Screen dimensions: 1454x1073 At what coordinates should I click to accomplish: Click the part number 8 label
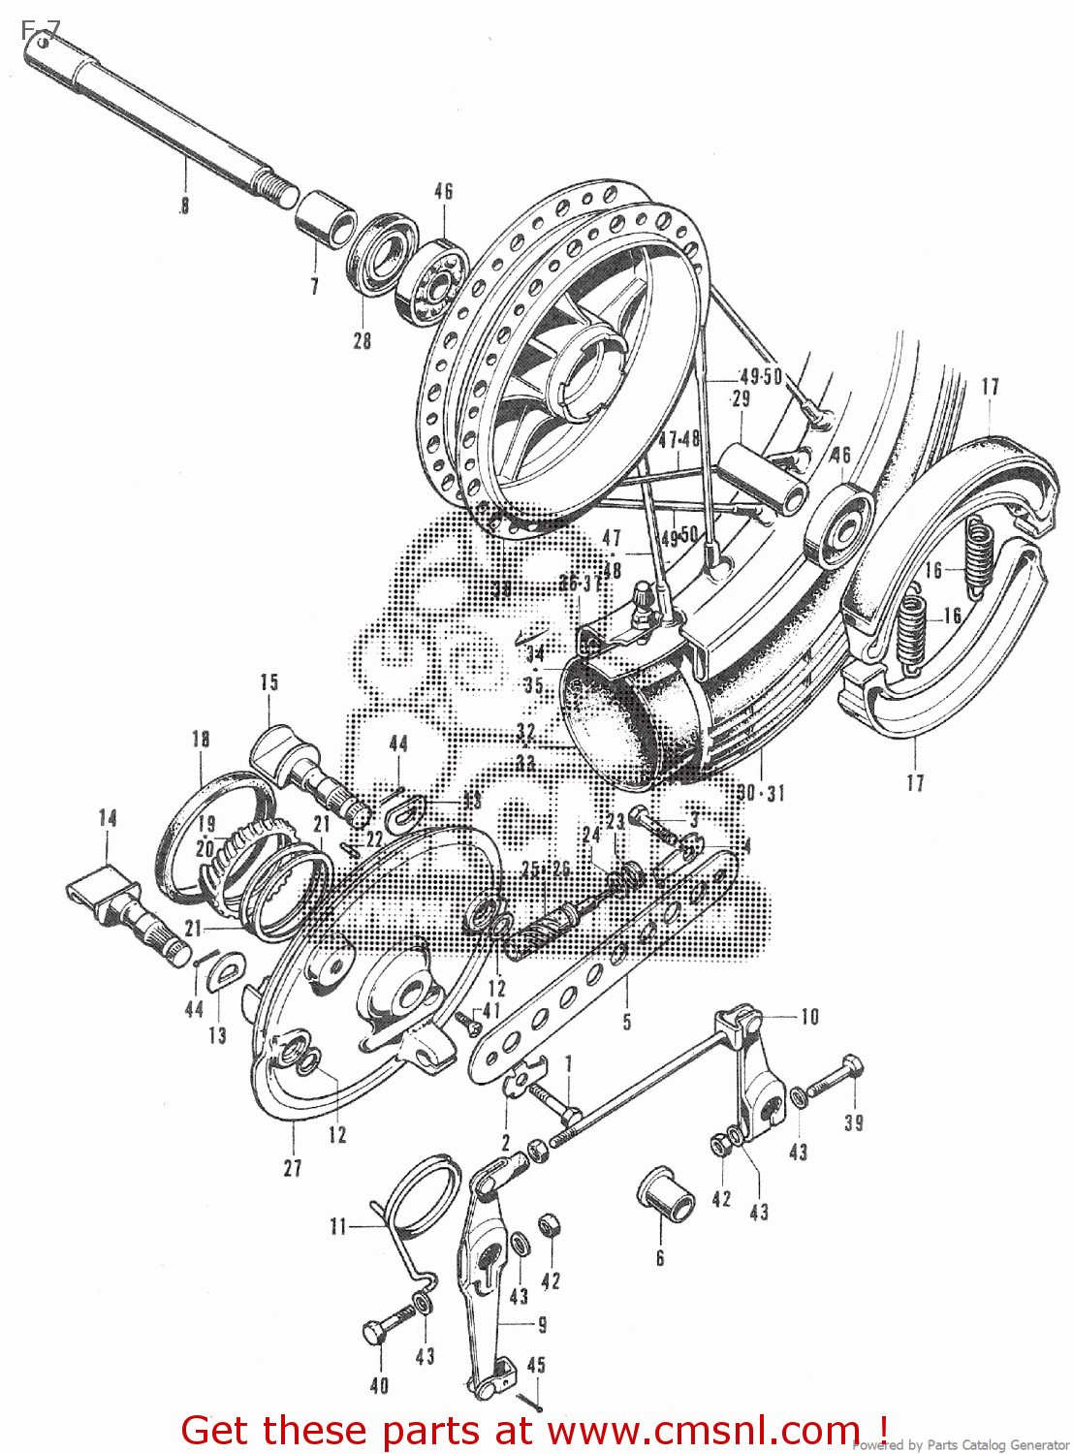pyautogui.click(x=184, y=205)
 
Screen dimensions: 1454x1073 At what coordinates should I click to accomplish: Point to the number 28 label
pyautogui.click(x=362, y=341)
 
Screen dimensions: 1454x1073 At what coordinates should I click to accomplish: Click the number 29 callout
pyautogui.click(x=741, y=398)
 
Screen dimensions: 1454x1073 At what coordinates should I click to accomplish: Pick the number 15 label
pyautogui.click(x=268, y=682)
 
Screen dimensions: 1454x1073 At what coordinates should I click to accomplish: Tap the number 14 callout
pyautogui.click(x=108, y=818)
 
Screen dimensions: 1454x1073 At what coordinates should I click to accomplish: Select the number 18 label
pyautogui.click(x=201, y=740)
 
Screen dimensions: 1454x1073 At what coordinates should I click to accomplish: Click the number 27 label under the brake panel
pyautogui.click(x=293, y=1169)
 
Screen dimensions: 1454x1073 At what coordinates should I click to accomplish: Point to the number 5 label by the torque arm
pyautogui.click(x=627, y=1022)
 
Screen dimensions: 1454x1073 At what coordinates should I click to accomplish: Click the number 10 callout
pyautogui.click(x=809, y=1017)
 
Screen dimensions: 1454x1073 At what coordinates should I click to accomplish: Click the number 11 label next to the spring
pyautogui.click(x=338, y=1227)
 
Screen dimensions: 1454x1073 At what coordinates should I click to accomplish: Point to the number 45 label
pyautogui.click(x=536, y=1365)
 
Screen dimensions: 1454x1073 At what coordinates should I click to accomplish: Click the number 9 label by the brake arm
pyautogui.click(x=542, y=1324)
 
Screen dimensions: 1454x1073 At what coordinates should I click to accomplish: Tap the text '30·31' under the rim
pyautogui.click(x=761, y=794)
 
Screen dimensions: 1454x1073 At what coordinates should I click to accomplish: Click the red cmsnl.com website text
pyautogui.click(x=534, y=1431)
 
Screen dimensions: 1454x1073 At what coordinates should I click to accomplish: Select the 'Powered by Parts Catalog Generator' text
pyautogui.click(x=960, y=1445)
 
